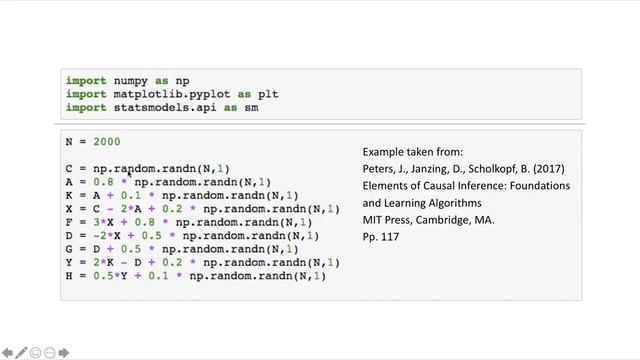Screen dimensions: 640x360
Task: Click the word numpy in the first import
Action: pyautogui.click(x=126, y=80)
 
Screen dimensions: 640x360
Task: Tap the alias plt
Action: pyautogui.click(x=268, y=94)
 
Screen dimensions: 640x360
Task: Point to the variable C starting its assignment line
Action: pyautogui.click(x=68, y=169)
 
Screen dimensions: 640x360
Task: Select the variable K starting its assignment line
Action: pyautogui.click(x=68, y=196)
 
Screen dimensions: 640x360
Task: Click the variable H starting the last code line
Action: pyautogui.click(x=68, y=276)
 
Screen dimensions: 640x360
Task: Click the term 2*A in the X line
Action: pyautogui.click(x=133, y=209)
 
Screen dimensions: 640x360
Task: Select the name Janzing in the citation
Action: pyautogui.click(x=433, y=168)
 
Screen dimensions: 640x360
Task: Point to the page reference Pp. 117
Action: pyautogui.click(x=381, y=237)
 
